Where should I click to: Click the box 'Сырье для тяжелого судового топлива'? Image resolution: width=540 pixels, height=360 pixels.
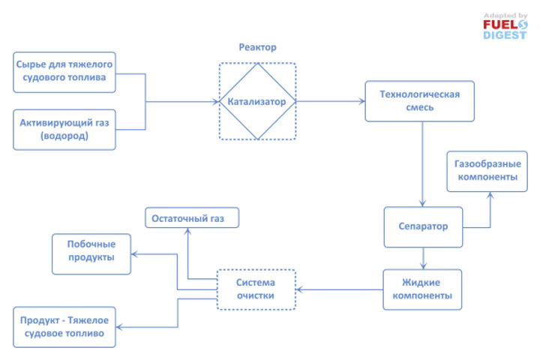point(64,72)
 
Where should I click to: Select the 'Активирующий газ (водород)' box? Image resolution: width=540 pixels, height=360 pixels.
point(64,129)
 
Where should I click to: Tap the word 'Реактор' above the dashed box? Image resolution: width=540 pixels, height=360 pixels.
point(257,47)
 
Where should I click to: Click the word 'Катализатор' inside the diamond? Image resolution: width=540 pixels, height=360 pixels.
point(257,101)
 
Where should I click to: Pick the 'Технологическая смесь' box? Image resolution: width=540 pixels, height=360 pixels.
point(419,100)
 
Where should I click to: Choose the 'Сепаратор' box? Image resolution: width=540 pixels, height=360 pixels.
point(423,226)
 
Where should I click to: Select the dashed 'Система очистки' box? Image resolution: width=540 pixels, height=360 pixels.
point(257,289)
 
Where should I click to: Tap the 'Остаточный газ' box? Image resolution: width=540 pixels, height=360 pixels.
point(191,218)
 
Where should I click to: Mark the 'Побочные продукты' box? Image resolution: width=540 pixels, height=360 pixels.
point(91,253)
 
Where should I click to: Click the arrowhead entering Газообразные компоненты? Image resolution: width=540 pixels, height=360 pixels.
point(490,194)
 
